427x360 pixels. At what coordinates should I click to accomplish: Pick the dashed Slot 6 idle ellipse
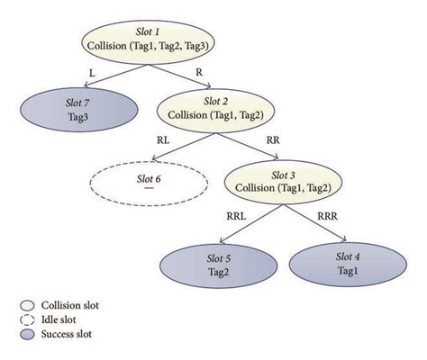point(149,184)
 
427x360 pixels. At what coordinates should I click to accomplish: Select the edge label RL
point(161,140)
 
